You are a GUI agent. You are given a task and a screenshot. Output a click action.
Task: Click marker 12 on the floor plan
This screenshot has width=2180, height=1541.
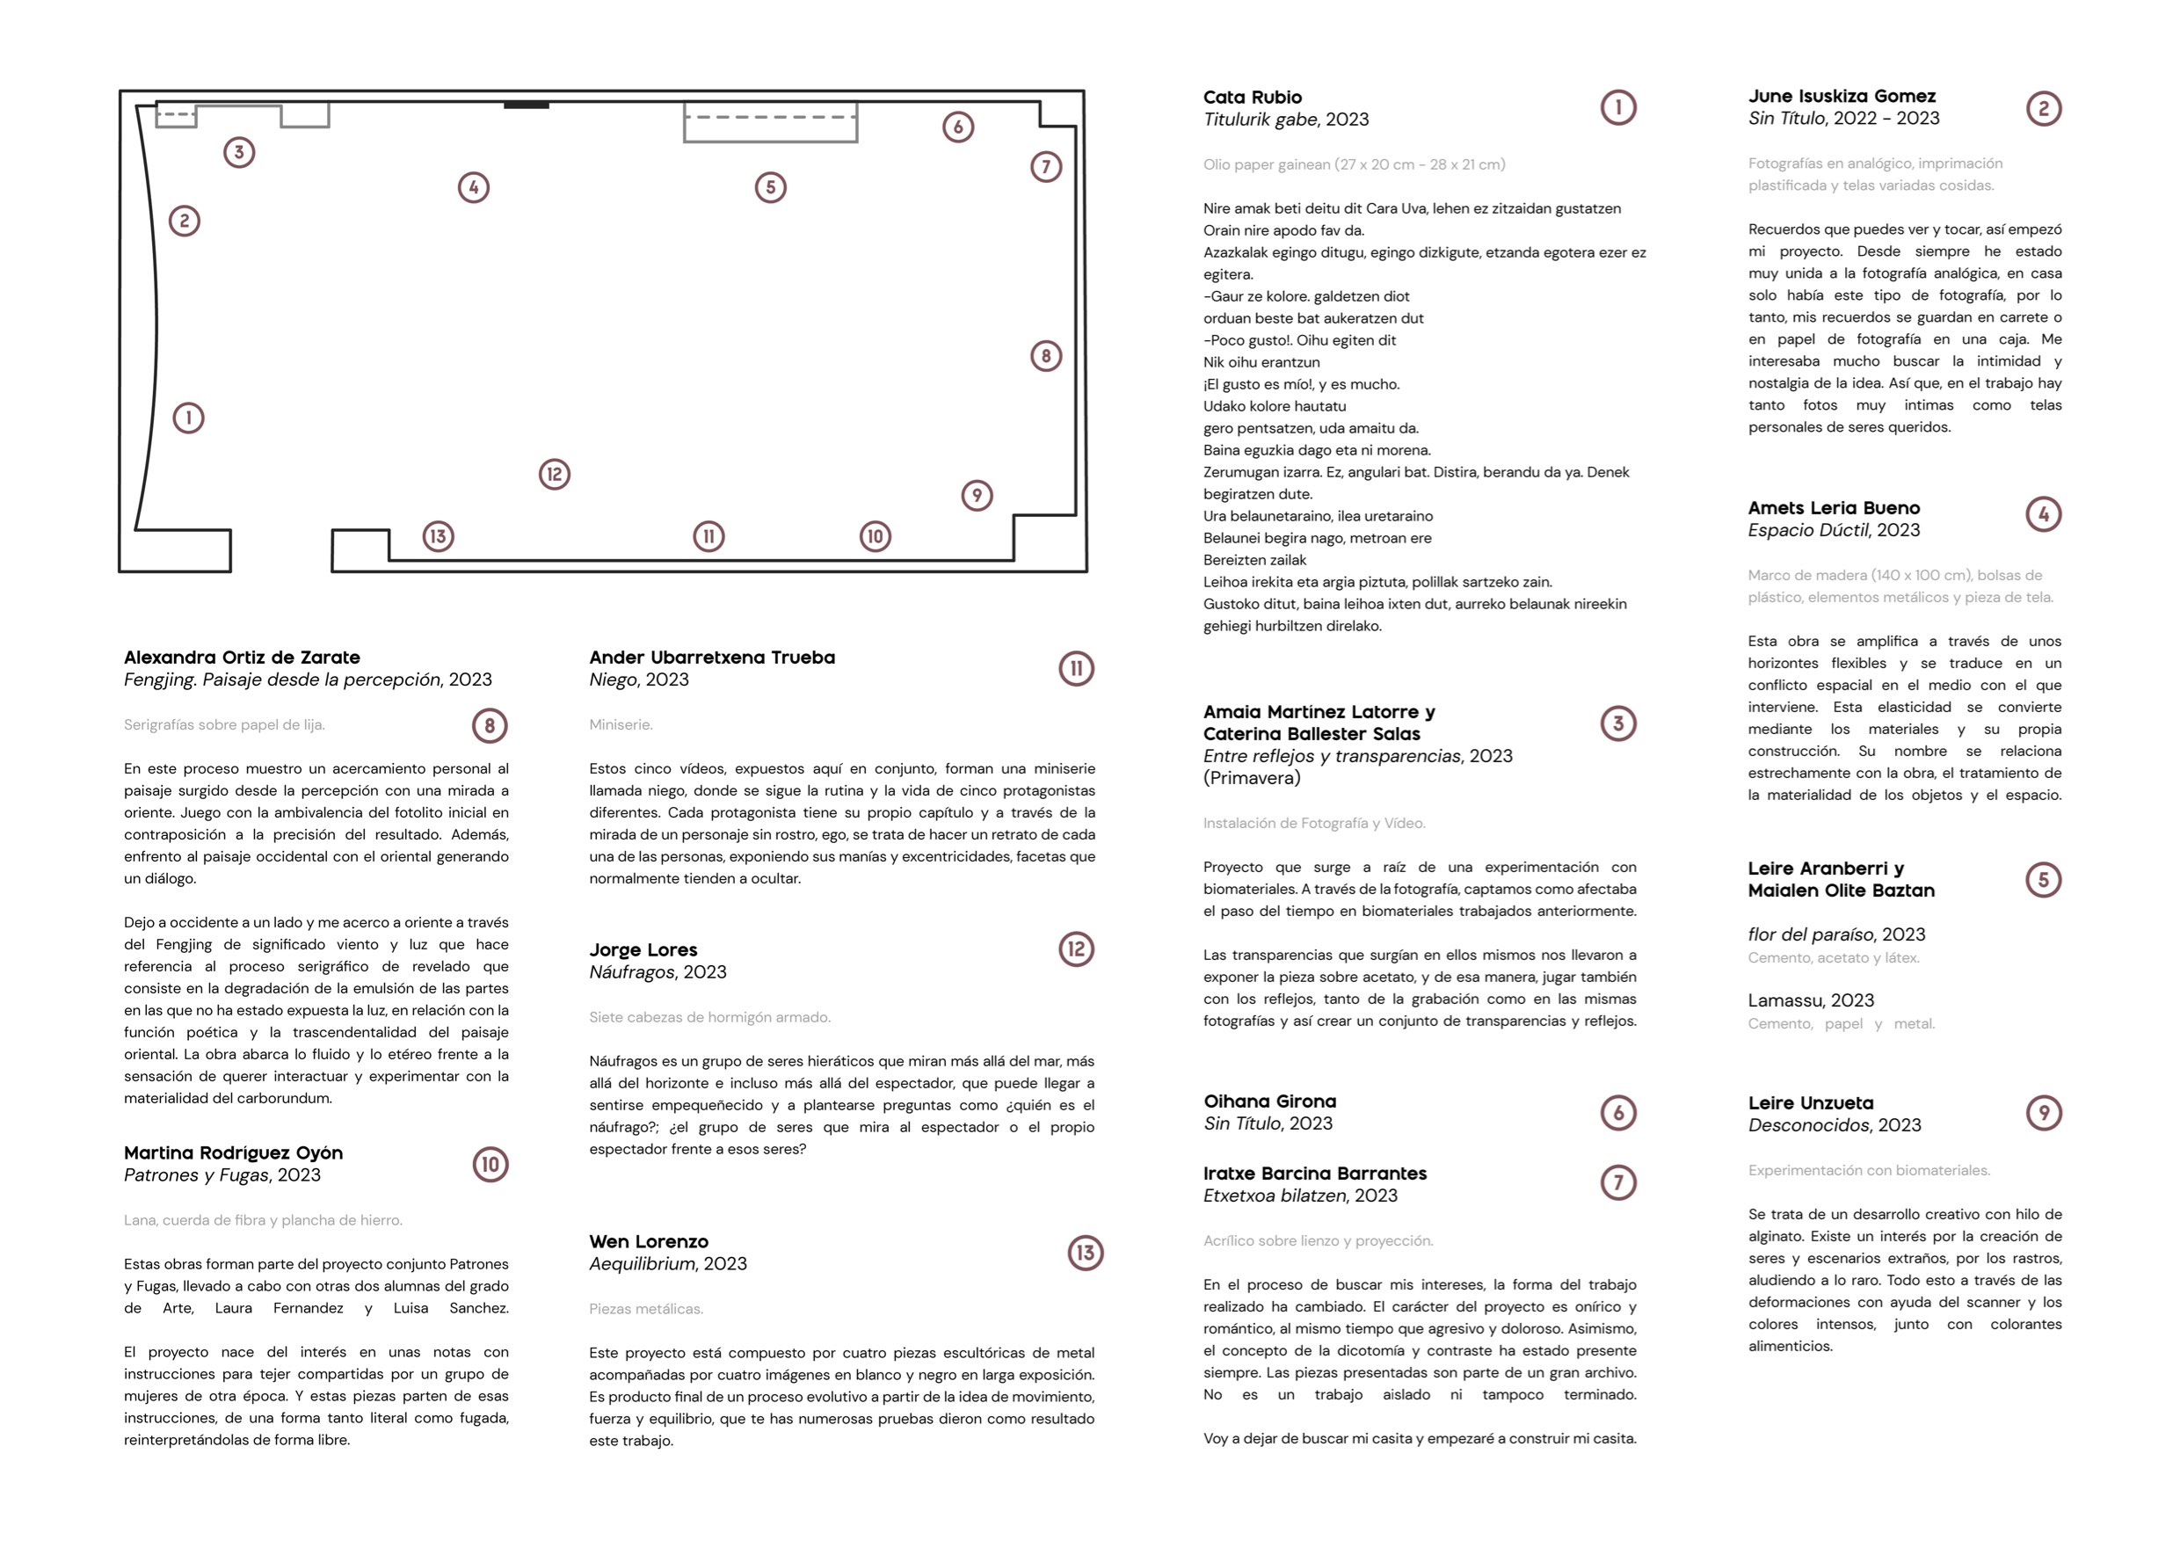point(555,474)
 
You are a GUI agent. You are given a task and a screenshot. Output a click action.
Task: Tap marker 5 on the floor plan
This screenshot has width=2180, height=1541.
point(770,187)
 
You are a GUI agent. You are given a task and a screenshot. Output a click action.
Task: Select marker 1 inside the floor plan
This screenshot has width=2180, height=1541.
point(188,418)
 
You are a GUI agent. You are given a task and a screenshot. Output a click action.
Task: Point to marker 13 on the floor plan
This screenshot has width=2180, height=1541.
point(438,536)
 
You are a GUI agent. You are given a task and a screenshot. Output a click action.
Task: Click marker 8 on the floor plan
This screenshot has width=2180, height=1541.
point(1045,356)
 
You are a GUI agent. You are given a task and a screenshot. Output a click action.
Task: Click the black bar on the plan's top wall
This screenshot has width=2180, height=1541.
point(526,105)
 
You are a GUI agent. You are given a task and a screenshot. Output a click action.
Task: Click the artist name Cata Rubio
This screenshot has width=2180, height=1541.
point(1252,97)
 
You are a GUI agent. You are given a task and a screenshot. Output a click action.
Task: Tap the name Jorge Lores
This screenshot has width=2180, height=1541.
point(643,949)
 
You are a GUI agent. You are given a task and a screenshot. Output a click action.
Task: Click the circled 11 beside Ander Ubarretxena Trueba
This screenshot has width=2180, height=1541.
point(1076,668)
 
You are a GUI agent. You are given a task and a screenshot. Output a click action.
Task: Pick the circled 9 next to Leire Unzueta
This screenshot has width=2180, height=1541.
point(2043,1113)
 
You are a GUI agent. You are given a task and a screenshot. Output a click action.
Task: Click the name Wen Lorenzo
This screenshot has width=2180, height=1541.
point(649,1241)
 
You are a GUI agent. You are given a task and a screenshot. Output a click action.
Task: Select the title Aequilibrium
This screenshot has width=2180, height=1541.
point(642,1264)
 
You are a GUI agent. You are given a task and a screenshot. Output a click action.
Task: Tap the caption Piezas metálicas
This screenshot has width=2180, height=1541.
point(645,1308)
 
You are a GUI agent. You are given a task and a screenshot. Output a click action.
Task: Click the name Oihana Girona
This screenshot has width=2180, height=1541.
point(1269,1101)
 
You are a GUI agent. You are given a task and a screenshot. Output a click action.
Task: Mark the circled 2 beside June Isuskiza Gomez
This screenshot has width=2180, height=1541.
point(2043,108)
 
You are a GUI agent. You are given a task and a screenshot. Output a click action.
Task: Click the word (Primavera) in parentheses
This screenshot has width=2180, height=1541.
point(1252,778)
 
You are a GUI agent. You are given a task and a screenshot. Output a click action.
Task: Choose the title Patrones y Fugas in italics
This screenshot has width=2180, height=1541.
point(197,1175)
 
